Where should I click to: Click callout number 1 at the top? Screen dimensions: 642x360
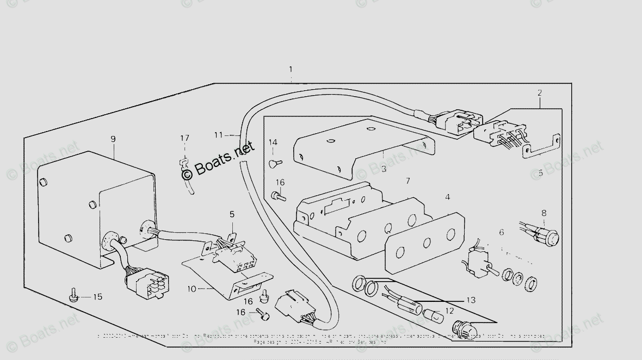(x=291, y=70)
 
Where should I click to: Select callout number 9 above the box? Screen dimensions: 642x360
(x=113, y=139)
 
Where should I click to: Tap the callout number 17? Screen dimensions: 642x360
(x=185, y=138)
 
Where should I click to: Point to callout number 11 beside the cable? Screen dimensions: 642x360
(x=218, y=134)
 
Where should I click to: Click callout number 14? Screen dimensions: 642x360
(x=273, y=142)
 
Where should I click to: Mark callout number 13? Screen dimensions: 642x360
(x=471, y=300)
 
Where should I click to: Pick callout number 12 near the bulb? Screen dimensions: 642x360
(x=449, y=311)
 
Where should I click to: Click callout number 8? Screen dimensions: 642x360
(x=543, y=213)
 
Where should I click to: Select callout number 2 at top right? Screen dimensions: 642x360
(x=540, y=93)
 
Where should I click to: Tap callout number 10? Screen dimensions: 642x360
(x=192, y=289)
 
